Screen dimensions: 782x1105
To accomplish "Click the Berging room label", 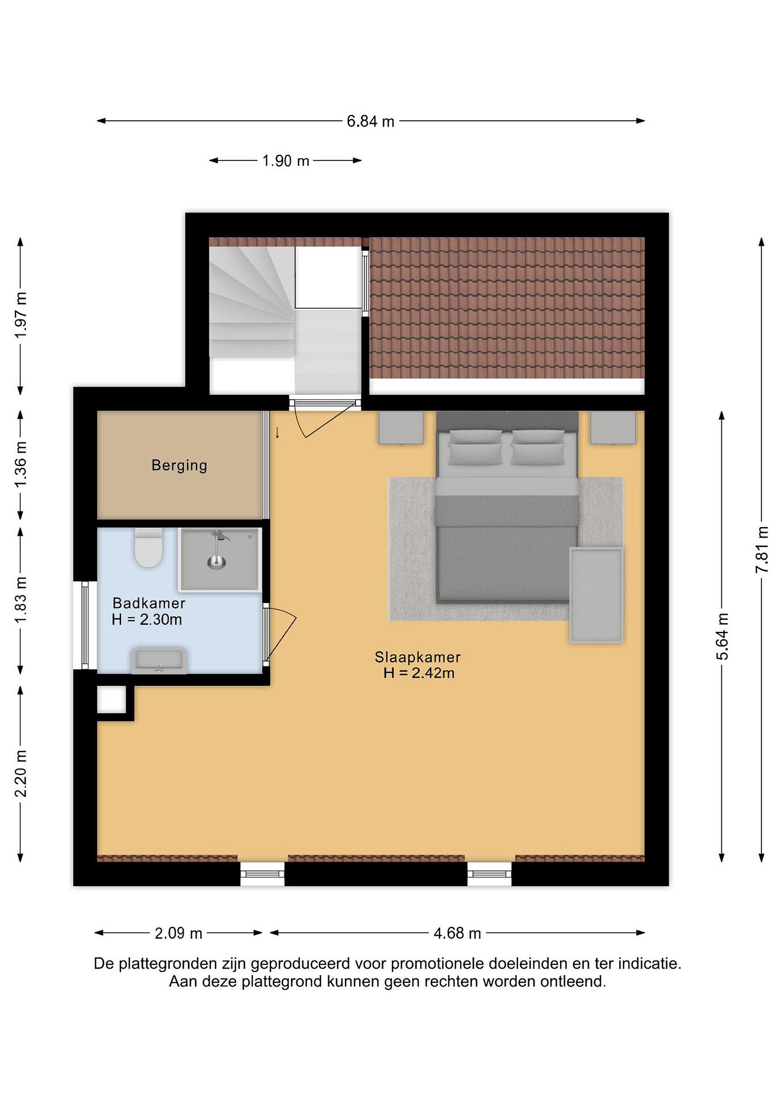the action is [179, 465].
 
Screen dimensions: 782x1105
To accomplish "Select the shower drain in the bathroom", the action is [217, 561].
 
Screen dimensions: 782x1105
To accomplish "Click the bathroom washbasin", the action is [159, 660].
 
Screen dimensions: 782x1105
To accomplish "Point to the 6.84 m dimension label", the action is [370, 121].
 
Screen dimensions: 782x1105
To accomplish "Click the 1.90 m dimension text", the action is [286, 161].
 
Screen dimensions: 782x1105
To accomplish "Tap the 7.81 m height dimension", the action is [761, 549].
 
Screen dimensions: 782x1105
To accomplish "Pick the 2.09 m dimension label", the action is [178, 933].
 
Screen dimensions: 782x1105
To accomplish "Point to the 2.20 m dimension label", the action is [20, 773].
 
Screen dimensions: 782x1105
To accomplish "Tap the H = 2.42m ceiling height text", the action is [418, 673].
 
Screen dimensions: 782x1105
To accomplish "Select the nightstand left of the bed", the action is [401, 427].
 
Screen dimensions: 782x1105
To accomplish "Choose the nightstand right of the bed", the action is [613, 427].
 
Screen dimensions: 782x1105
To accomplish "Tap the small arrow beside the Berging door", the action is [277, 433].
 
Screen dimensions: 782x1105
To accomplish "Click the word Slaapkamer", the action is [417, 657].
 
